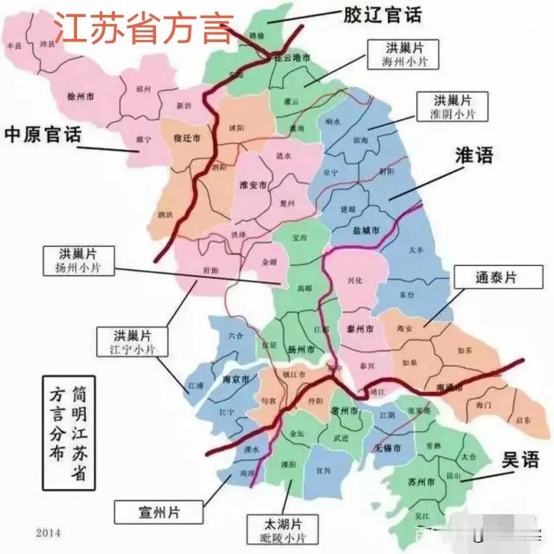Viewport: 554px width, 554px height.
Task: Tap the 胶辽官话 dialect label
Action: [x=382, y=15]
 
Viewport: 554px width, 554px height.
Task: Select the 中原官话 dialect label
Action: [x=43, y=135]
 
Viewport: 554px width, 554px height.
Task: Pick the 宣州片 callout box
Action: [x=160, y=511]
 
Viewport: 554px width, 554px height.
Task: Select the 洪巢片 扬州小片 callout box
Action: [x=79, y=261]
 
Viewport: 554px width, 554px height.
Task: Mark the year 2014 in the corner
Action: [x=48, y=533]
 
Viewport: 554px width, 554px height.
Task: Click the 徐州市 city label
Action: [x=81, y=96]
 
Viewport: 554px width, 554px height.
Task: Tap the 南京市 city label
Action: [x=235, y=380]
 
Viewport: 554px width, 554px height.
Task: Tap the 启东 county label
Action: [x=523, y=420]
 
